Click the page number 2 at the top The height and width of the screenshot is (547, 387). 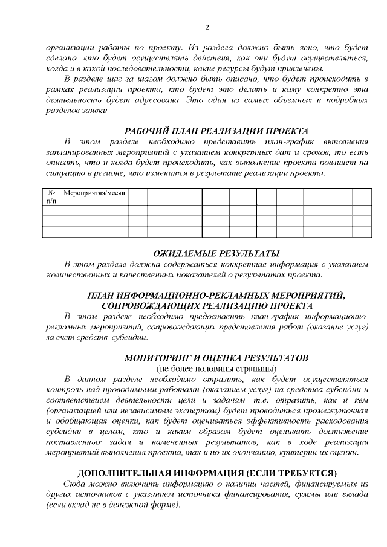(207, 27)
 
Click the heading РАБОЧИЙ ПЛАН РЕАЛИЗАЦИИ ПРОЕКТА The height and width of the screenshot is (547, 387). (216, 131)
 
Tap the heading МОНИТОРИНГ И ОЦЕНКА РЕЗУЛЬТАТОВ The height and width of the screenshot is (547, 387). (216, 357)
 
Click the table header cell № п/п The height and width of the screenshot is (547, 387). (51, 196)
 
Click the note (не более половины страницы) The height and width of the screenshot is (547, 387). (216, 368)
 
